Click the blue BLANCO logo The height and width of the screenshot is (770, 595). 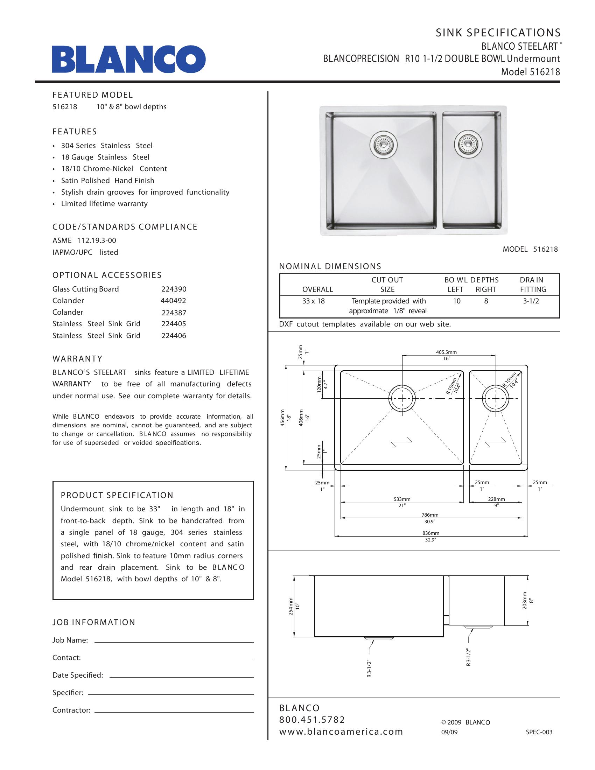click(x=129, y=59)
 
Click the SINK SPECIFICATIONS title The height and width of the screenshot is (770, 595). click(x=498, y=33)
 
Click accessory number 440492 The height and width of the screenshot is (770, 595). click(x=173, y=301)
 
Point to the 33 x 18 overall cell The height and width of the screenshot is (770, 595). click(x=313, y=301)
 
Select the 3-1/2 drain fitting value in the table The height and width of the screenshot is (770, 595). click(x=531, y=301)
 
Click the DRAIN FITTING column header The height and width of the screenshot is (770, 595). click(x=533, y=285)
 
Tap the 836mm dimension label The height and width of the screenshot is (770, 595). click(x=430, y=533)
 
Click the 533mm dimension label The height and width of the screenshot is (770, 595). click(x=402, y=499)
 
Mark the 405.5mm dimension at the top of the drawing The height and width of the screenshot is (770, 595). click(x=446, y=352)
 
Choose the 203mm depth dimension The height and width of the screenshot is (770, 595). click(x=525, y=600)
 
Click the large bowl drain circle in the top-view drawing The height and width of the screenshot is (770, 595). click(x=401, y=398)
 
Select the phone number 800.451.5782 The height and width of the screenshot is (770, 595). click(x=312, y=720)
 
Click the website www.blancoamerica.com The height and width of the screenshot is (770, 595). click(x=341, y=731)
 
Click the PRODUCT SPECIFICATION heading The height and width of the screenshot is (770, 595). click(x=117, y=495)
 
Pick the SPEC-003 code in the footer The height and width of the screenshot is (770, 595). click(x=539, y=732)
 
